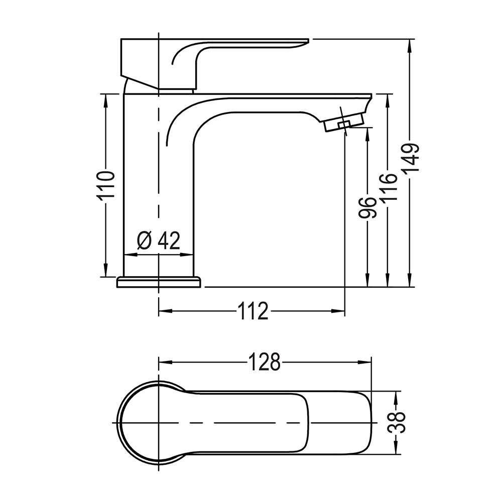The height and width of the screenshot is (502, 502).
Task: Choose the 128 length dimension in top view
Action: click(x=265, y=362)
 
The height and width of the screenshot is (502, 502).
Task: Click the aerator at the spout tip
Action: click(x=344, y=121)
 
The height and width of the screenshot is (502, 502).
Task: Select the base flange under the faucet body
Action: click(x=159, y=282)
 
